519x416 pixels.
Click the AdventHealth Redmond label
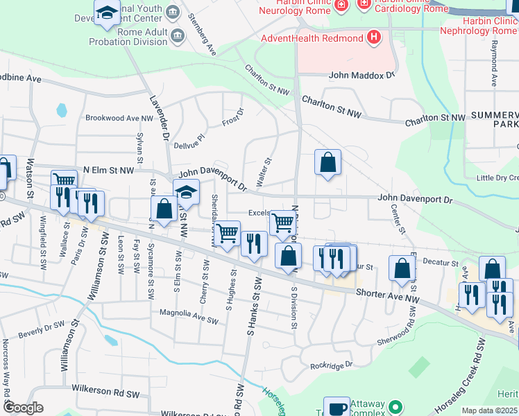click(312, 37)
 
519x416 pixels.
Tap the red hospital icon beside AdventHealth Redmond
click(374, 37)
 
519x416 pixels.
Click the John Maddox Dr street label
click(362, 74)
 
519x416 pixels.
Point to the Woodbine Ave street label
click(22, 78)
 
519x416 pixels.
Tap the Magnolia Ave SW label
click(189, 320)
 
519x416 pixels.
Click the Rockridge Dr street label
click(331, 365)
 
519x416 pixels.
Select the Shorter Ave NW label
click(388, 294)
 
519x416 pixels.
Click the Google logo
click(24, 408)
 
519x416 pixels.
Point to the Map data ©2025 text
click(490, 410)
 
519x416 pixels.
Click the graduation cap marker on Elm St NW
click(186, 193)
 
